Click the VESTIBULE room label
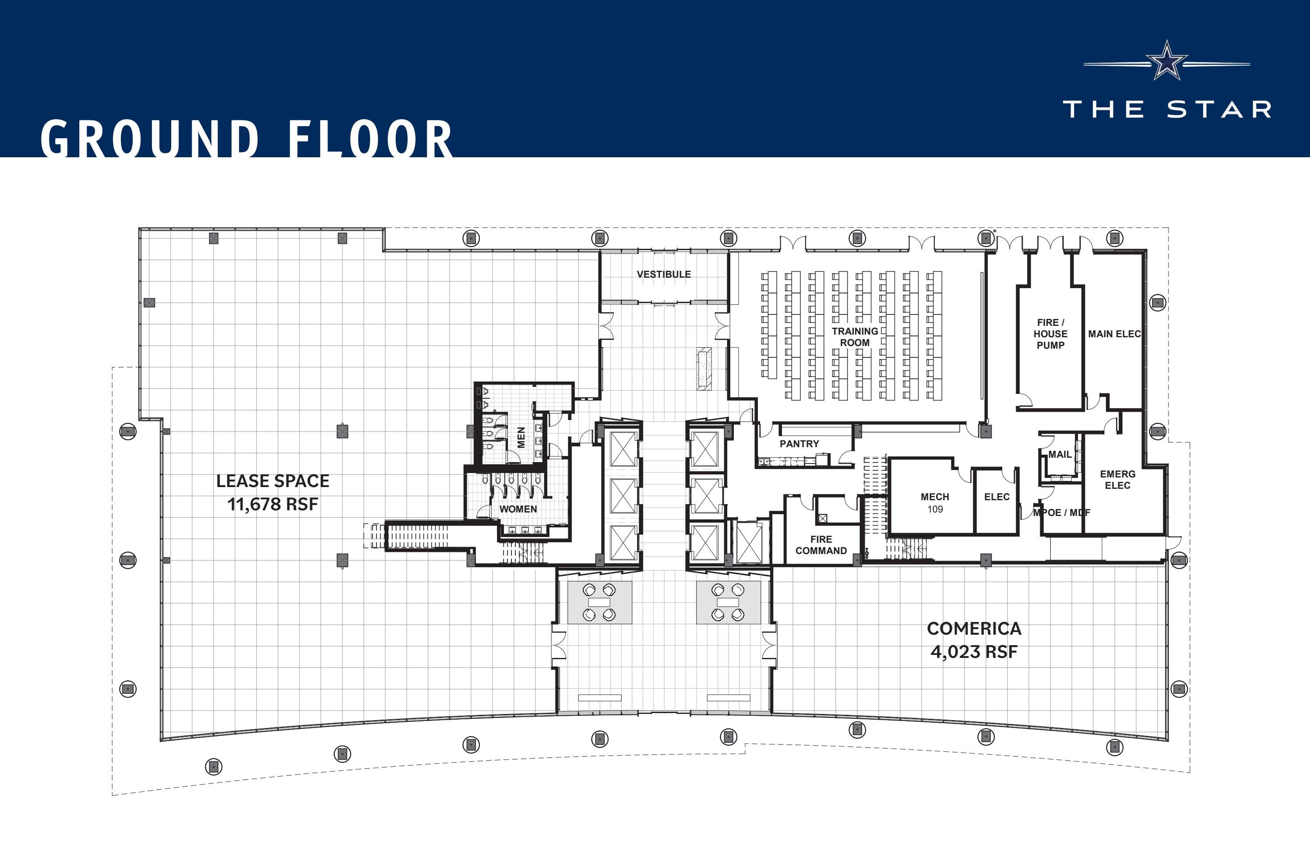coord(663,274)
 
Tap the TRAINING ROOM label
coord(854,336)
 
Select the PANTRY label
coord(799,444)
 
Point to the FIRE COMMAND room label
coord(821,544)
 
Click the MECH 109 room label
coord(935,502)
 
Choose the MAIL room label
coord(1060,454)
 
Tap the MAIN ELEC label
coord(1114,334)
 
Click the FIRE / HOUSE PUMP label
coord(1050,334)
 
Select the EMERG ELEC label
coord(1117,480)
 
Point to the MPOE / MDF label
coord(1061,512)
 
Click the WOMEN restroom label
coord(518,509)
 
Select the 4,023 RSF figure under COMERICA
coord(974,652)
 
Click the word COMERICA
coord(974,628)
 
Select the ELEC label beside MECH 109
coord(997,497)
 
